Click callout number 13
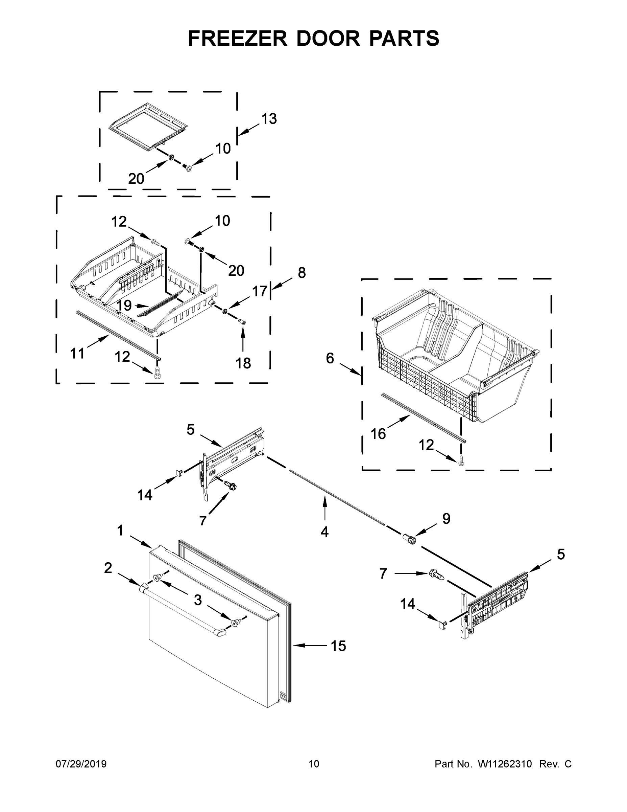tap(269, 119)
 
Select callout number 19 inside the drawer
tap(124, 305)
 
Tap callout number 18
tap(243, 363)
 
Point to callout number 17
tap(260, 291)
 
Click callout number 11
tap(77, 353)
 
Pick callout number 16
tap(378, 433)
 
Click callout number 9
tap(446, 518)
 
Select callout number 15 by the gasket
tap(338, 646)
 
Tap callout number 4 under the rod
tap(324, 533)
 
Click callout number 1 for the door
tap(120, 531)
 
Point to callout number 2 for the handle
tap(108, 568)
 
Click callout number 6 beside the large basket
tap(330, 358)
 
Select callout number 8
tap(302, 272)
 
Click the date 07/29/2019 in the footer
tap(81, 764)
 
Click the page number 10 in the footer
tap(314, 764)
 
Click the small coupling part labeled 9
tap(410, 538)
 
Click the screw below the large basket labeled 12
tap(461, 460)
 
